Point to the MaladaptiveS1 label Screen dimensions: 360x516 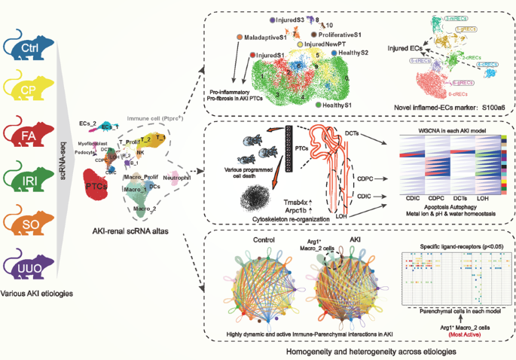pyautogui.click(x=265, y=36)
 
